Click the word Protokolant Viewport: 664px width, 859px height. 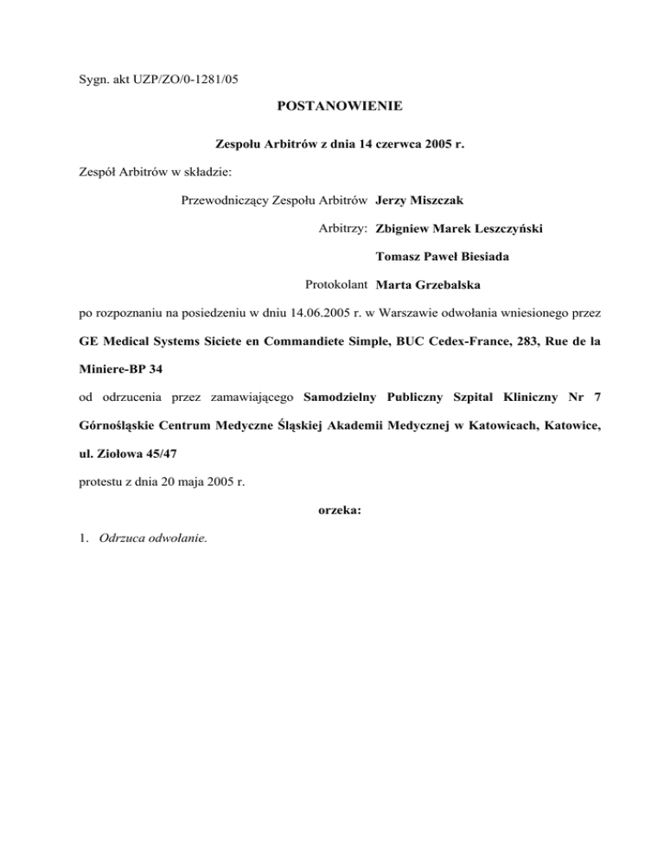tap(337, 284)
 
